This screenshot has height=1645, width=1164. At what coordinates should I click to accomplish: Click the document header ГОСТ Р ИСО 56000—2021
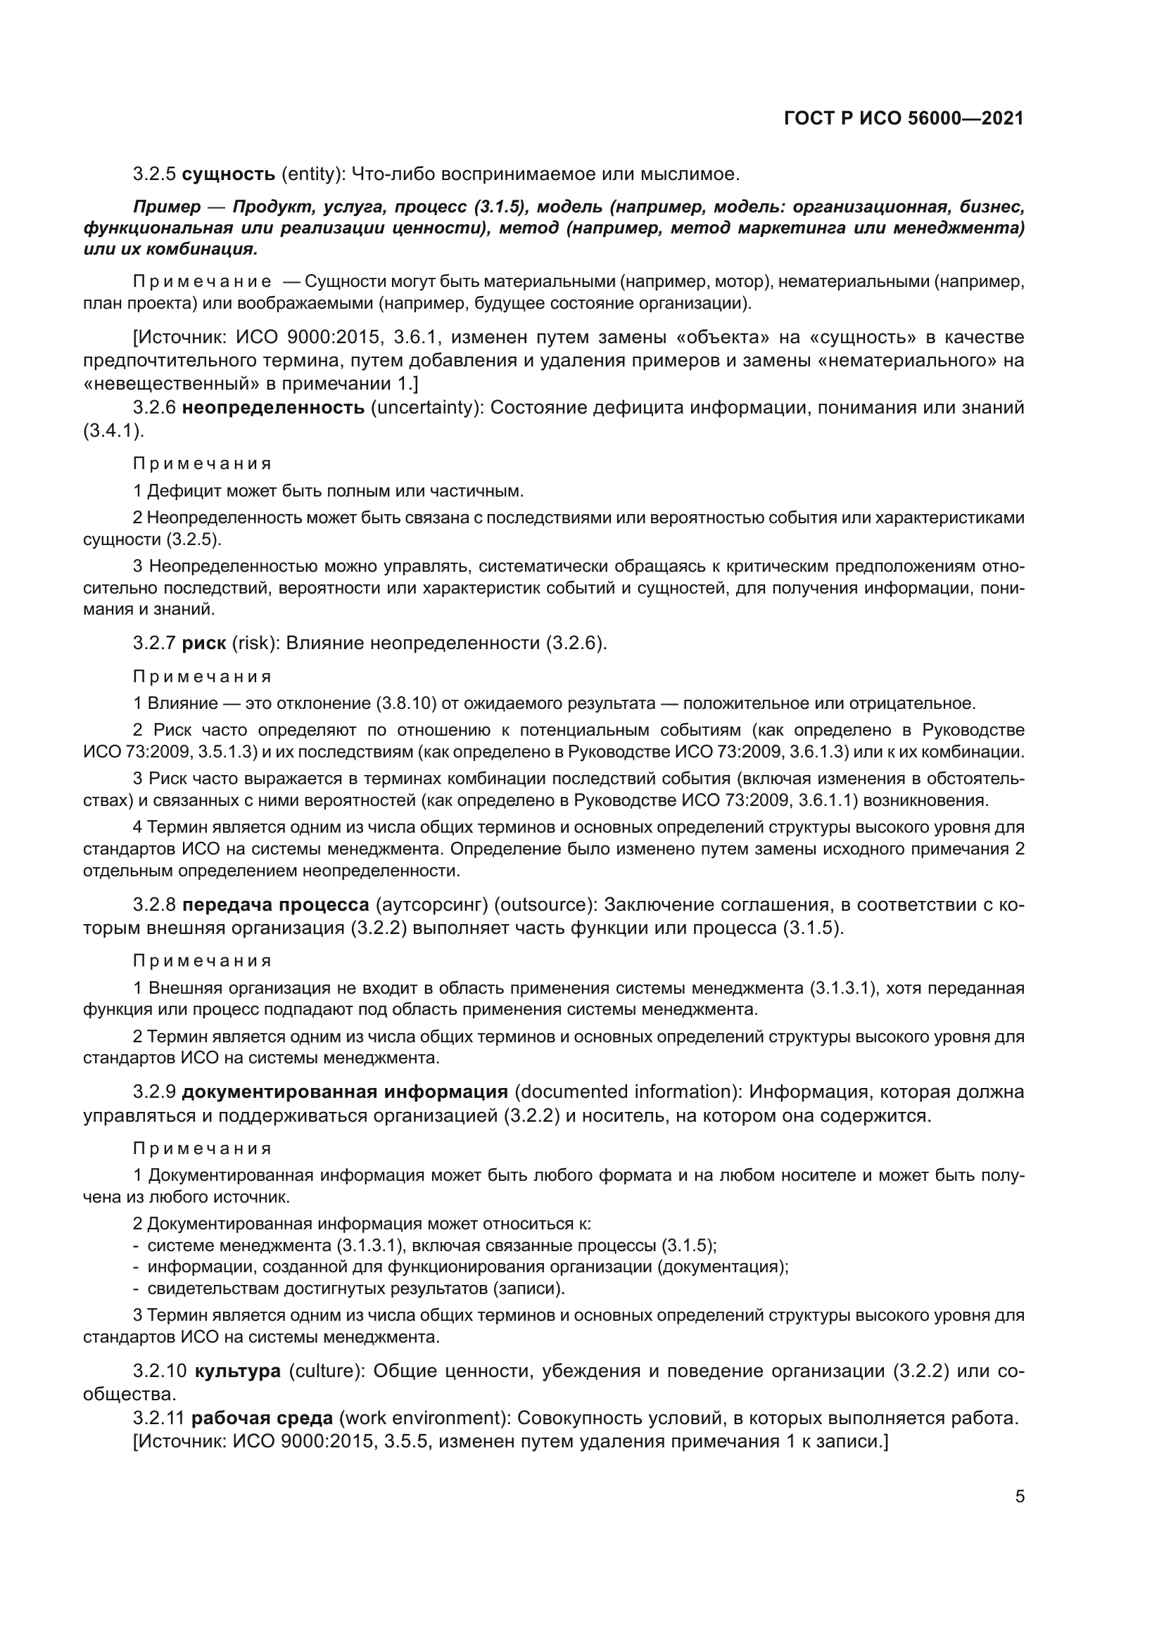pos(904,119)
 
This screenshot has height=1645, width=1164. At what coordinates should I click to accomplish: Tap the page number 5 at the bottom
pos(1020,1496)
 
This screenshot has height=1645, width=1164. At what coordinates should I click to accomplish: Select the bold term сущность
pos(229,174)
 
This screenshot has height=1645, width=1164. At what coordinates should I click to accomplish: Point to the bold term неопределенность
pos(273,409)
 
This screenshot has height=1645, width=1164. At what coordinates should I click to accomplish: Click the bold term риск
pos(203,644)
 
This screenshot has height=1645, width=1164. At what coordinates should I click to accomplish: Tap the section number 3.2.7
pos(154,644)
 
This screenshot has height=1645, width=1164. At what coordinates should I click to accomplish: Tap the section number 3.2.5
pos(154,174)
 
